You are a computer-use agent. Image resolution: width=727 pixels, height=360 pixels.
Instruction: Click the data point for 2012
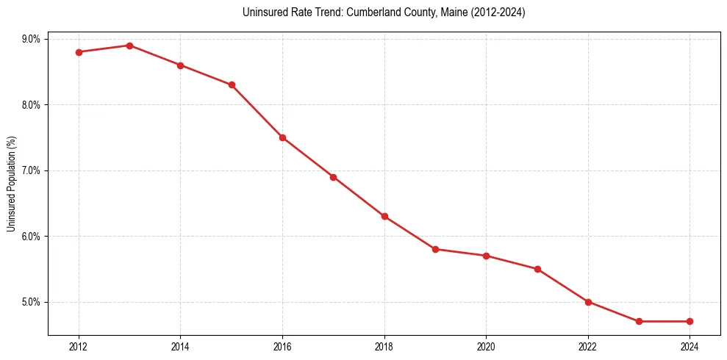(79, 52)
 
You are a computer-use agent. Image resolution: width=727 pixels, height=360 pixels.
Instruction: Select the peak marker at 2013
(129, 46)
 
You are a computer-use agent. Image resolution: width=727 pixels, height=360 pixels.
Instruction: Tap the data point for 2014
(180, 65)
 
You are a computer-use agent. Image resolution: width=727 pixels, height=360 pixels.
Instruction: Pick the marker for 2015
(232, 85)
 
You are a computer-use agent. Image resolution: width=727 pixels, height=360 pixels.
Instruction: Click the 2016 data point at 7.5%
(282, 137)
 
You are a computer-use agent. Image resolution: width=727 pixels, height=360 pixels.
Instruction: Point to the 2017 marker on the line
(333, 177)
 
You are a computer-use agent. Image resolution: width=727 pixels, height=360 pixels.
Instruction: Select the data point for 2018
(384, 217)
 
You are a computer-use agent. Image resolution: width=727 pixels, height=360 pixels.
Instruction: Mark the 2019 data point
(435, 249)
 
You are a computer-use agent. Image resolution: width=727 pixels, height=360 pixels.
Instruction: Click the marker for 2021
(537, 269)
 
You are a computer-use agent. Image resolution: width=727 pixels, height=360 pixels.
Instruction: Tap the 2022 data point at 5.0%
(588, 302)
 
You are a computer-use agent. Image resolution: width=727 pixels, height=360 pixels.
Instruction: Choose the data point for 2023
(639, 321)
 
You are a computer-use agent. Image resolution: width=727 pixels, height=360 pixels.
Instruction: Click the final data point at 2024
(690, 321)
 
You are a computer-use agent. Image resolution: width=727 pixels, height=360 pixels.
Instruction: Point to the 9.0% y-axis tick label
(31, 39)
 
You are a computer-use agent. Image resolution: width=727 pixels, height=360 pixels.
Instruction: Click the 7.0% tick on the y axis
(31, 170)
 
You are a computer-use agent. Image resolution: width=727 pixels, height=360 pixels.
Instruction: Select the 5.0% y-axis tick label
(31, 302)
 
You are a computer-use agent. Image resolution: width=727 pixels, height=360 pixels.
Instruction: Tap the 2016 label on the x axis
(282, 346)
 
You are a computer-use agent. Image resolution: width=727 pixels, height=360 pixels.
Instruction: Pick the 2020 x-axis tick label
(486, 346)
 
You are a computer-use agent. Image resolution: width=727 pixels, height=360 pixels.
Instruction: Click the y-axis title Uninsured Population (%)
(12, 184)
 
